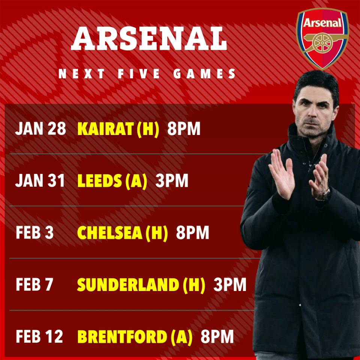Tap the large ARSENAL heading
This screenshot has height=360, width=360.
click(x=149, y=39)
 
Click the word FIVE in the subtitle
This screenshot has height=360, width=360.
click(x=139, y=74)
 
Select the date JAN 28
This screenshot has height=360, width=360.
click(x=40, y=129)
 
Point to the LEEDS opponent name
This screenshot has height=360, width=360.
click(x=99, y=181)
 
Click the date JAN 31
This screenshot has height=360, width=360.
click(x=40, y=181)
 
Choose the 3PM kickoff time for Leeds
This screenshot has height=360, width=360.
click(x=171, y=181)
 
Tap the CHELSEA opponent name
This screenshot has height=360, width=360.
click(x=109, y=233)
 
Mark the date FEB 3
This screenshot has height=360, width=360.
click(x=35, y=233)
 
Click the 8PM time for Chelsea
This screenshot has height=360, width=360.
click(x=192, y=233)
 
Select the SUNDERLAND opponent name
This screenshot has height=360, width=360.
click(x=128, y=285)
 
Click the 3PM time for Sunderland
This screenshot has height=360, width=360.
click(x=230, y=285)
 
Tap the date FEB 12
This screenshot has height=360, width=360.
click(x=39, y=337)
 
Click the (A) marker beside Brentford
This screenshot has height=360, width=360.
click(x=181, y=337)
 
